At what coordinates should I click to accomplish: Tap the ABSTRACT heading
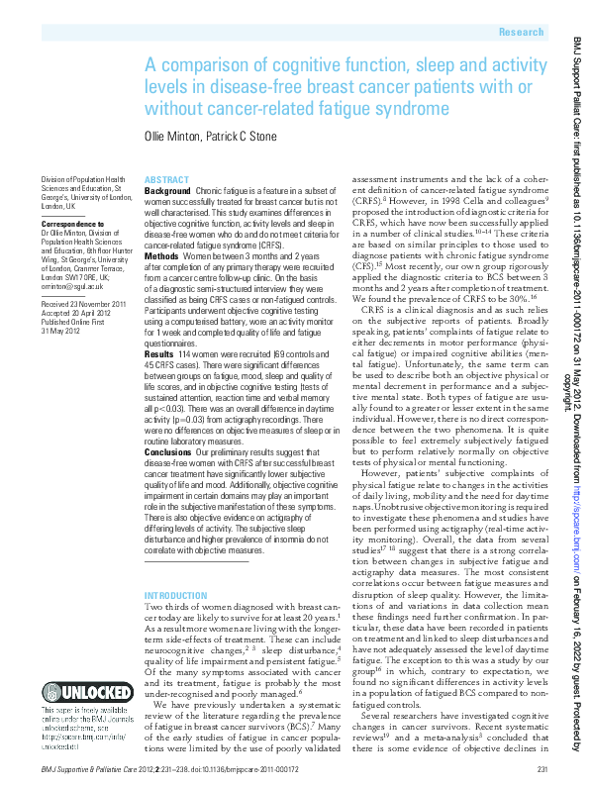pyautogui.click(x=166, y=179)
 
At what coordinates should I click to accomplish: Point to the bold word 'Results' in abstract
pyautogui.click(x=159, y=352)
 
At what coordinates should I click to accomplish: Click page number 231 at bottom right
pyautogui.click(x=542, y=768)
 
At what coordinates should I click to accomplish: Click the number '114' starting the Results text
pyautogui.click(x=186, y=352)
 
